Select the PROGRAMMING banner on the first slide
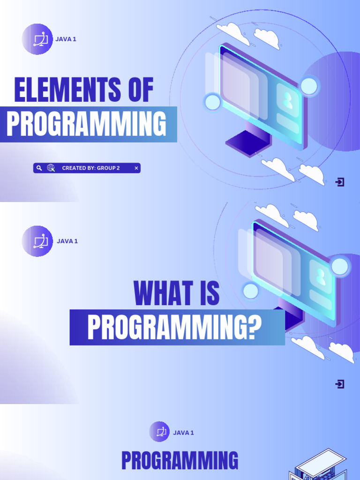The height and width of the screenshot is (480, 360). [86, 124]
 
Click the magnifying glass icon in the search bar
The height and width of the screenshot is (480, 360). [39, 168]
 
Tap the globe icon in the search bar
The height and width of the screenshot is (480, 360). [51, 168]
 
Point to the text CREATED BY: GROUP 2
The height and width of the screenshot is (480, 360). [90, 168]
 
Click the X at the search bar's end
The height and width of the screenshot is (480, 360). [136, 168]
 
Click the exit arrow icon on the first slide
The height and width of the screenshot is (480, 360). [340, 182]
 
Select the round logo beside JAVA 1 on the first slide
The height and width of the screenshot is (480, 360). [37, 39]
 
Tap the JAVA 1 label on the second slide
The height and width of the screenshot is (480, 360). [67, 241]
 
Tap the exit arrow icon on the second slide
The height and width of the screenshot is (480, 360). [340, 384]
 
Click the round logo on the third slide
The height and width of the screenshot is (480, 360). [159, 432]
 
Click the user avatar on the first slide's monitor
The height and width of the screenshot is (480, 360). [287, 100]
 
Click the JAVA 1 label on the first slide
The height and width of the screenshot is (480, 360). [66, 39]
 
